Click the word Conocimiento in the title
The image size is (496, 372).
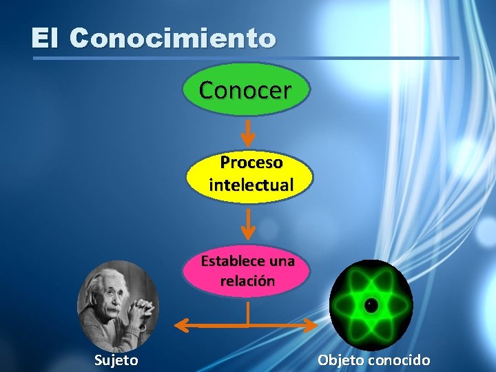tap(173, 38)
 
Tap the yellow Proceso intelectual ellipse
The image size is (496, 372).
tap(250, 174)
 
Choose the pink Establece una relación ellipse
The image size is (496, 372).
tap(247, 271)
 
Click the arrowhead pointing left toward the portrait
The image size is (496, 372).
tap(180, 323)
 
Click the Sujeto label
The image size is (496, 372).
tap(116, 360)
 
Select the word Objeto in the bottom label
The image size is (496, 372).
tap(340, 360)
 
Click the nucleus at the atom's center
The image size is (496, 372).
tap(371, 304)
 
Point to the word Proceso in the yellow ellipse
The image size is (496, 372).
tap(251, 163)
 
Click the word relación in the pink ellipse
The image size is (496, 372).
tap(247, 281)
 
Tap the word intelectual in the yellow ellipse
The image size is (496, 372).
tap(251, 185)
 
